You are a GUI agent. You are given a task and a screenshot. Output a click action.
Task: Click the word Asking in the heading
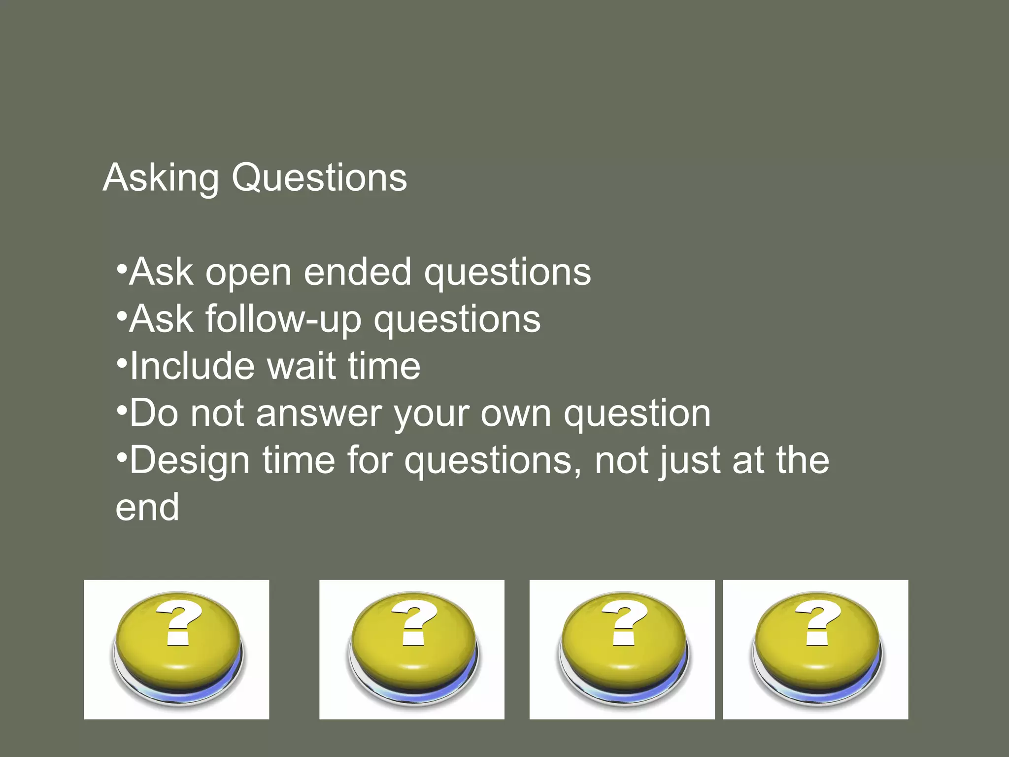(x=161, y=178)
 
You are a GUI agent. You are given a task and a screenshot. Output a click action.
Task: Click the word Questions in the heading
(x=319, y=178)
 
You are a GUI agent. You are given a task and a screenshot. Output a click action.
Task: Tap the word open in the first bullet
(x=248, y=273)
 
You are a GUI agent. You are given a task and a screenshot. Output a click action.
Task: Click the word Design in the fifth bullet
(x=190, y=461)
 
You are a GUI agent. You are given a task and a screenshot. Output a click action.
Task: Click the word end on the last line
(x=147, y=508)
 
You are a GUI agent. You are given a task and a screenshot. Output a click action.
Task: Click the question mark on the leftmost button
(x=178, y=623)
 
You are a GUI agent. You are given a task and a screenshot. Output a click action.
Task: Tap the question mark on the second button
(x=414, y=623)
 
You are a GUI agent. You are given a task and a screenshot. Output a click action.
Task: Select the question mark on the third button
(x=624, y=623)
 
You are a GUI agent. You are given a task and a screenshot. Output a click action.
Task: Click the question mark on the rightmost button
(x=817, y=623)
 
